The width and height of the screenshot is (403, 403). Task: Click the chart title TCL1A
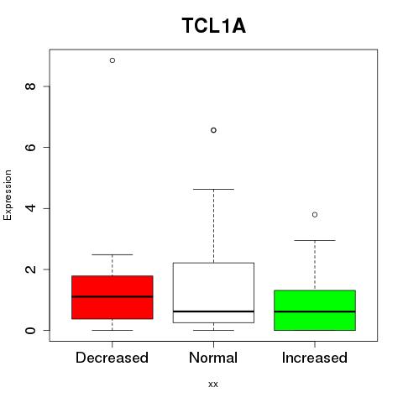(214, 26)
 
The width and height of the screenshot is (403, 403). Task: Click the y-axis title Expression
(8, 195)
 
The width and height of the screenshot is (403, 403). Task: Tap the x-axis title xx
(213, 385)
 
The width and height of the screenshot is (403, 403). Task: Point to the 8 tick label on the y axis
(30, 86)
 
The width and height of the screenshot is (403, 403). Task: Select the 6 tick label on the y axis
(30, 147)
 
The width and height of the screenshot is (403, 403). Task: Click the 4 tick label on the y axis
(30, 208)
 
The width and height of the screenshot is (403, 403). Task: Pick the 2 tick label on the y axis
(30, 270)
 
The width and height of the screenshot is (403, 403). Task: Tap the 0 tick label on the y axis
(30, 330)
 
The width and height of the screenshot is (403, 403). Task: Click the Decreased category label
(112, 358)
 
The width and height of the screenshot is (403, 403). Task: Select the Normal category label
(213, 358)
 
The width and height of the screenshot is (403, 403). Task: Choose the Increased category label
(315, 358)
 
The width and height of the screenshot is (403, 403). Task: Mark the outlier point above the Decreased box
(113, 60)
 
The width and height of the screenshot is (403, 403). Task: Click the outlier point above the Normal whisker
(213, 130)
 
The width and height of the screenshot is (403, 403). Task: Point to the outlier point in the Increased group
(315, 215)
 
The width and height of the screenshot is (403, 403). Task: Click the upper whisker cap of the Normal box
(213, 189)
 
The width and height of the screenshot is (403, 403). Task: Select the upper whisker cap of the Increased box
(315, 240)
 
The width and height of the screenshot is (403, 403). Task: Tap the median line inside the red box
(113, 296)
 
